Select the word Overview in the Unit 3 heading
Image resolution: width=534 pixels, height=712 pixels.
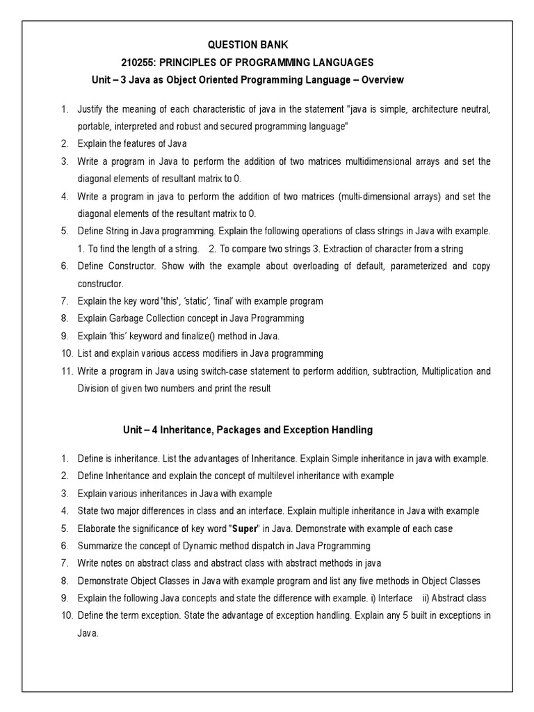380,80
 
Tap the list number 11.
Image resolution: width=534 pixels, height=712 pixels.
65,371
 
